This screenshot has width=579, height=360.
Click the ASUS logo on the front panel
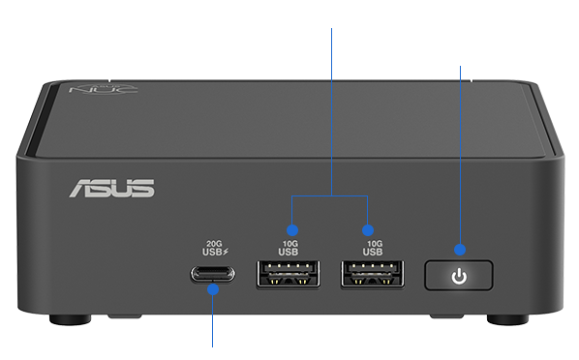(x=112, y=189)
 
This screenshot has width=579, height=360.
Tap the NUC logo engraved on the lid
(x=104, y=89)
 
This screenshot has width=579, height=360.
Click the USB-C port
(x=213, y=274)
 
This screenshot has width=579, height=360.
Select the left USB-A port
(x=289, y=274)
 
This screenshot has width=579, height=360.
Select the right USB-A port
(x=373, y=274)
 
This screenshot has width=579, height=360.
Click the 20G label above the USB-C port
(x=214, y=244)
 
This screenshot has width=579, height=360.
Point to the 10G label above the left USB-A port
(x=290, y=244)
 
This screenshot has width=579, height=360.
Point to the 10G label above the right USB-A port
(x=375, y=244)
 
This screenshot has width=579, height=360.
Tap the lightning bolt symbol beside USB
(x=226, y=252)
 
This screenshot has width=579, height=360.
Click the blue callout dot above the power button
(x=460, y=250)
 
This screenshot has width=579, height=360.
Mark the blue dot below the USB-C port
(x=213, y=289)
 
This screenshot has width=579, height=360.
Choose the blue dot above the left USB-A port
(x=292, y=230)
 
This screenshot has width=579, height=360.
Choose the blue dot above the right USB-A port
(x=367, y=230)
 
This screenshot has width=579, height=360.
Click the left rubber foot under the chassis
(x=70, y=319)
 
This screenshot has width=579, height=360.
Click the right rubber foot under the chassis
(x=507, y=319)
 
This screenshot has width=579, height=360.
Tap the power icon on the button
(x=459, y=276)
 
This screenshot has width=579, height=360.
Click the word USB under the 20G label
(x=212, y=252)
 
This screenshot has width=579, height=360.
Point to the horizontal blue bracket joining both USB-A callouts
(x=330, y=195)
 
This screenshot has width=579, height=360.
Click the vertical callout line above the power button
(x=460, y=155)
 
